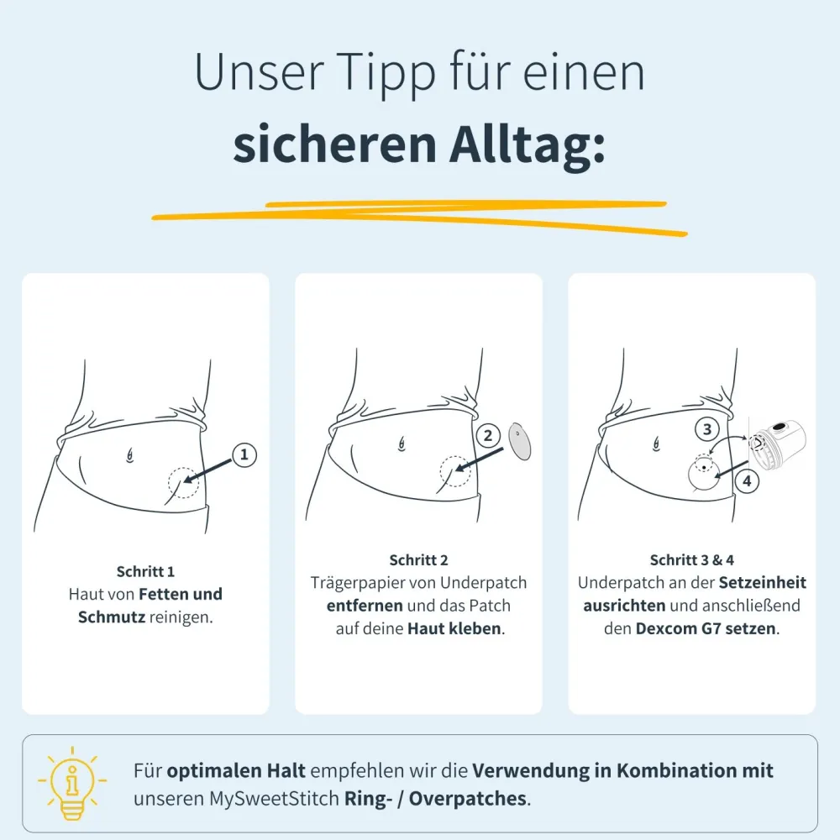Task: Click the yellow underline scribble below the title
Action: (419, 217)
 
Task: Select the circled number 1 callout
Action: (244, 454)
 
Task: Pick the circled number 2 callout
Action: (487, 435)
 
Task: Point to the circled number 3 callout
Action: (707, 429)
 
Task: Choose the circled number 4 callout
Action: (747, 480)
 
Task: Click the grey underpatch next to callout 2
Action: (519, 441)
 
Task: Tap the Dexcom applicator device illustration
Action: (777, 443)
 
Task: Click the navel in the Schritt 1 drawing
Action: (129, 455)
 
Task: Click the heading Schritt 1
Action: (145, 571)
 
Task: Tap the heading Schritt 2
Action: (418, 560)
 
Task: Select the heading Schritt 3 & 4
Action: (691, 560)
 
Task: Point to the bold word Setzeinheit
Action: (763, 583)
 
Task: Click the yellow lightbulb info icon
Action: (71, 783)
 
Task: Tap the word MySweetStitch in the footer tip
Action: (274, 799)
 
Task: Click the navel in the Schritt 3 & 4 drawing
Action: (656, 444)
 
